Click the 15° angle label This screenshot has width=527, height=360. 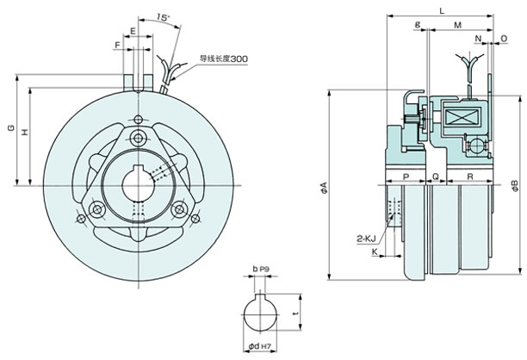164,17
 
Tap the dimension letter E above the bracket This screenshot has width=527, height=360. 133,31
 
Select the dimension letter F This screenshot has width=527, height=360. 117,45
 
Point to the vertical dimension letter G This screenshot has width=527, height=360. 11,127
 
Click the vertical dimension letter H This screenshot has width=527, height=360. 25,132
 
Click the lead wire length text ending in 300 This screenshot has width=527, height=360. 224,59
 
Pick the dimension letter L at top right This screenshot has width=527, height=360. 442,10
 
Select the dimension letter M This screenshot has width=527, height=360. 457,25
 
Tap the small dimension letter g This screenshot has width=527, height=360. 418,24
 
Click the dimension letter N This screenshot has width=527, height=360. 478,39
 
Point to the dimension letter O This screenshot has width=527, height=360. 504,39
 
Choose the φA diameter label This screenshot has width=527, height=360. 324,188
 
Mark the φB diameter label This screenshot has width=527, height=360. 515,186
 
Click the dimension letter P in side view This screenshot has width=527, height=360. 406,177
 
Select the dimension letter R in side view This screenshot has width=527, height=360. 470,177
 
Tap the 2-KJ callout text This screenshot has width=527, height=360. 366,239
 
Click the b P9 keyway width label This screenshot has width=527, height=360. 261,269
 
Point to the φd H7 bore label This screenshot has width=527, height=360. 259,346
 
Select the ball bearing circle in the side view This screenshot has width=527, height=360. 476,146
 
